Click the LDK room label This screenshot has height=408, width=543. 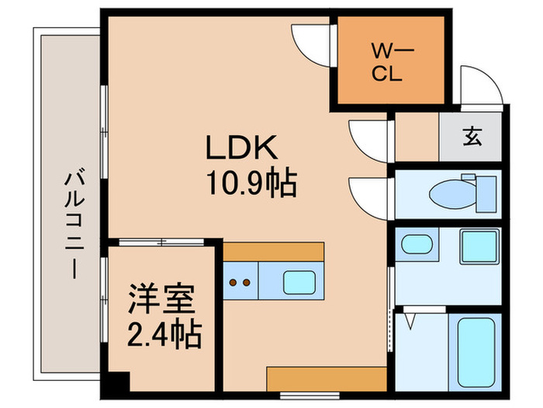[x=242, y=147]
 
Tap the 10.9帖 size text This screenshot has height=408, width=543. [x=252, y=182]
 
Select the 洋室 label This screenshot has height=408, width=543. [x=161, y=299]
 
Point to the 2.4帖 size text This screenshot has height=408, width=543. [x=164, y=334]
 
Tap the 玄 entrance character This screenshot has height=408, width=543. [x=472, y=136]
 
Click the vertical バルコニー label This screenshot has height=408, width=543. [x=74, y=224]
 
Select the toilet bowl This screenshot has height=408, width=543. [x=452, y=194]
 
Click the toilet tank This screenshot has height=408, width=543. [x=486, y=194]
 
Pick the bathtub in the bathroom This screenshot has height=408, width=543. [x=476, y=352]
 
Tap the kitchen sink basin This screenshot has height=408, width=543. [x=299, y=282]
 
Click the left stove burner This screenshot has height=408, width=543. [x=233, y=283]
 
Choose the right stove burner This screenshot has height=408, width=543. [x=247, y=283]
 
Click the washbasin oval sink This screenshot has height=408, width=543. [x=417, y=244]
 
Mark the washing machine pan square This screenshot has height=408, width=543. [x=480, y=246]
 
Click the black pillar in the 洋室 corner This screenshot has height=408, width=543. [x=119, y=382]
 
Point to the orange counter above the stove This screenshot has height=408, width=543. [x=274, y=252]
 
